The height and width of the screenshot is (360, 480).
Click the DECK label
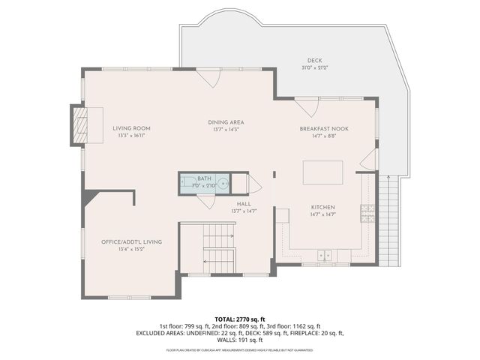click(x=314, y=61)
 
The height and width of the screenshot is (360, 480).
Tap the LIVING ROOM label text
click(x=131, y=128)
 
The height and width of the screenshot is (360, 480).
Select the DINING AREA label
click(x=226, y=122)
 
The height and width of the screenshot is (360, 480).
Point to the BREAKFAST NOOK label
click(x=324, y=128)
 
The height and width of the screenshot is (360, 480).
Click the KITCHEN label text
click(x=322, y=207)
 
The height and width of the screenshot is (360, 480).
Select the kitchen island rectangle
click(x=322, y=172)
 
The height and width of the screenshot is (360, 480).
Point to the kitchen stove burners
click(x=367, y=213)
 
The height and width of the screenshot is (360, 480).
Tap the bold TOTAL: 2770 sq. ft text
click(x=239, y=319)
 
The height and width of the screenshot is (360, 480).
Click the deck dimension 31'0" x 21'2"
click(x=314, y=67)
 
